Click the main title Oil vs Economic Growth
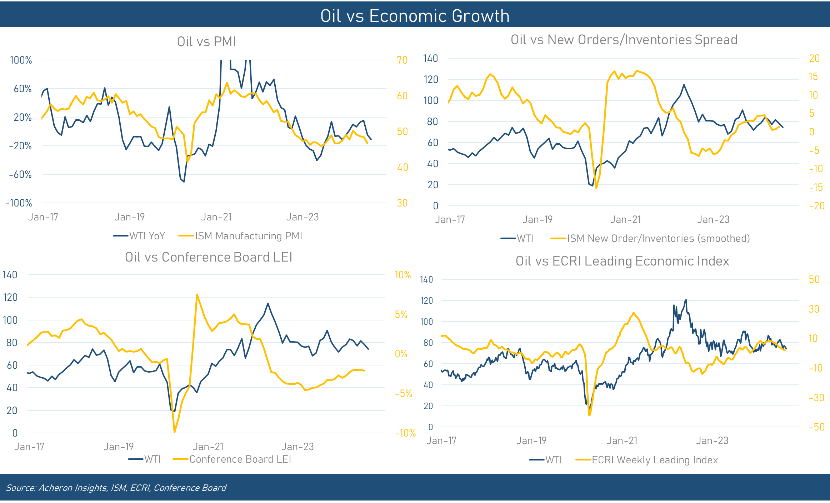415,16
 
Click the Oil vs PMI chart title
206,42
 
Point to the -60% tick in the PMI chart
20,175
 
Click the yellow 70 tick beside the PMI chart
402,60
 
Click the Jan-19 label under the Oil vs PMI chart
130,217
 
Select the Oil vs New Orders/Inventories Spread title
624,40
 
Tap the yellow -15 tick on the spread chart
816,188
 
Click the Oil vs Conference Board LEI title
209,257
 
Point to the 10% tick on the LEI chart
402,275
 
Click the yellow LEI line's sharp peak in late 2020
197,295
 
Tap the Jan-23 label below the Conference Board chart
297,447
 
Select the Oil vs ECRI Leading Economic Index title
622,261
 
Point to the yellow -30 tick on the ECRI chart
816,398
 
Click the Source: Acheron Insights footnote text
116,488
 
